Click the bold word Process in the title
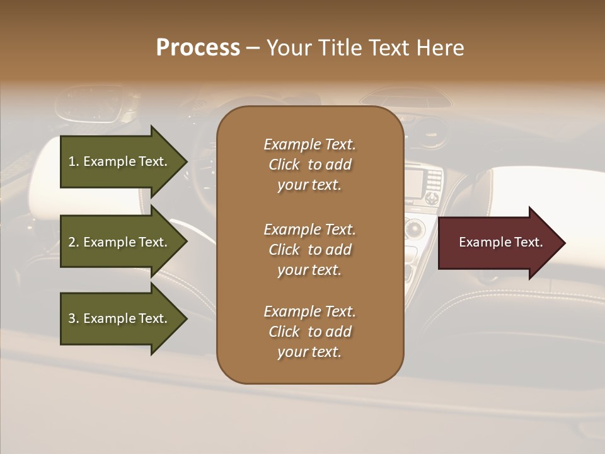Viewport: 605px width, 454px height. pyautogui.click(x=198, y=48)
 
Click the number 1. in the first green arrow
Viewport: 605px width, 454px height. pyautogui.click(x=74, y=161)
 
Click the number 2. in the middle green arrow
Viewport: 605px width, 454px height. pyautogui.click(x=74, y=242)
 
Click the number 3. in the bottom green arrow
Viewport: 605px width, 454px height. pyautogui.click(x=74, y=318)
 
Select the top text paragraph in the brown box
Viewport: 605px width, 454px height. pyautogui.click(x=309, y=165)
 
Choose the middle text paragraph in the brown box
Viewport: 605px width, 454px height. pyautogui.click(x=309, y=250)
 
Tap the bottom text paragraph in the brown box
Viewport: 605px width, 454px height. pyautogui.click(x=309, y=332)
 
